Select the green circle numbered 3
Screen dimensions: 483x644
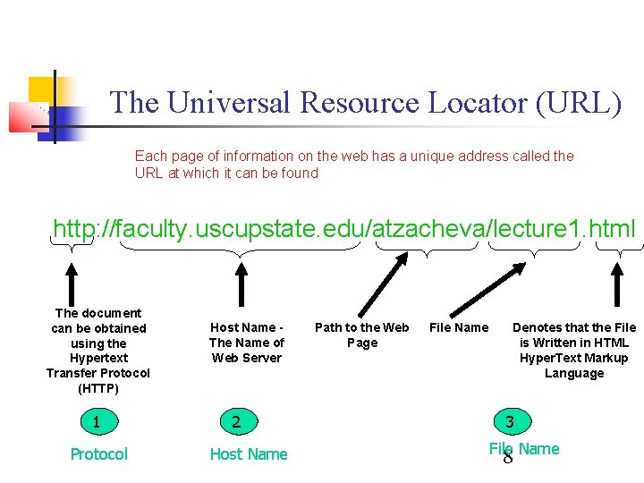(x=510, y=420)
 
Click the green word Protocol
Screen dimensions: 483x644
(x=98, y=454)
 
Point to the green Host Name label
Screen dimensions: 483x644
(x=249, y=454)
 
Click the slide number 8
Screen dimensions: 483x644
(x=508, y=458)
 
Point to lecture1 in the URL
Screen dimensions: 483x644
(x=534, y=229)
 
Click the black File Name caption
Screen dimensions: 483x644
(x=459, y=327)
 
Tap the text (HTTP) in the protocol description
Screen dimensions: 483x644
(x=98, y=388)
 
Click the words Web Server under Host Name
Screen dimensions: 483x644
(x=247, y=358)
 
